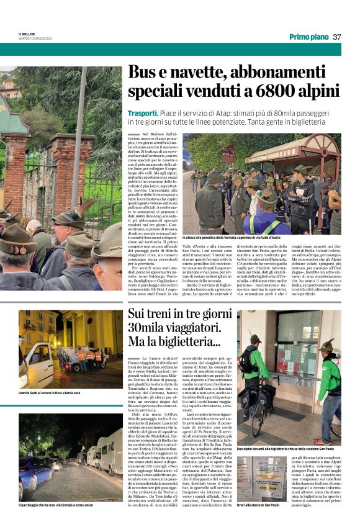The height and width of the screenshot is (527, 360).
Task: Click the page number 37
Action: [336, 37]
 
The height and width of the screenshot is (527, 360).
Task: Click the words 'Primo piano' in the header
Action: [308, 37]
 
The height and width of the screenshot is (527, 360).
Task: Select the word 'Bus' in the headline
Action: [143, 73]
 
